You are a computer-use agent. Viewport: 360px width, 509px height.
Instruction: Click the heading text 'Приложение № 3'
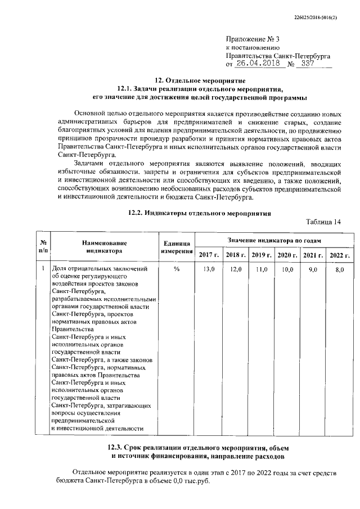click(252, 39)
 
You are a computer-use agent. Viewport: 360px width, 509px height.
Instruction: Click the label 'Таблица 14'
click(324, 222)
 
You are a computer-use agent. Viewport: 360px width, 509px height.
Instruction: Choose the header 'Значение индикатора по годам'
click(273, 240)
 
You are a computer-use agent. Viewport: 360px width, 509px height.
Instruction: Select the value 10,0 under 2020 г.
click(287, 270)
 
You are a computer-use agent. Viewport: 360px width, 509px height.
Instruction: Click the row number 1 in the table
click(43, 269)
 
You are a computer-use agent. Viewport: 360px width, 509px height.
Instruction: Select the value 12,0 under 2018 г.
click(235, 270)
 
